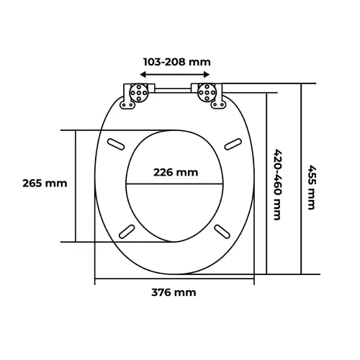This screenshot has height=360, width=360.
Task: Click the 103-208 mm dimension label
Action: (x=177, y=62)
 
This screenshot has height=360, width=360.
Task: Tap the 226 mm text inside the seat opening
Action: (x=176, y=173)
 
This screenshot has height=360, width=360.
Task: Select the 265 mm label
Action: (x=45, y=184)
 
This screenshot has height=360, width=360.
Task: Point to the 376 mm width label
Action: (x=174, y=292)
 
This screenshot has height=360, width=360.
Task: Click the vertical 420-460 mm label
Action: (x=277, y=184)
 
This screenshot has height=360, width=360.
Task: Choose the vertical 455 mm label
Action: (x=312, y=187)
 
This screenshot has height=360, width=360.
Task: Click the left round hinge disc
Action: (x=139, y=93)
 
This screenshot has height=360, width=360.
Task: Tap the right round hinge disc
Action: (x=207, y=93)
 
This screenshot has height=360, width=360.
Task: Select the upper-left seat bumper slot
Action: (x=116, y=144)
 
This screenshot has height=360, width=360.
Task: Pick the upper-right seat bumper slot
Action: (x=233, y=144)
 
